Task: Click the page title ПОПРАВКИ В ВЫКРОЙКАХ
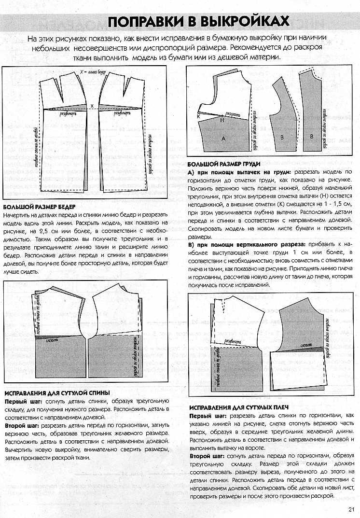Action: (x=198, y=22)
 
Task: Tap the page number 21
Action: (x=350, y=508)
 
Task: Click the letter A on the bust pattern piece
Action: (x=223, y=138)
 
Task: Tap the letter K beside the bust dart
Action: (x=198, y=117)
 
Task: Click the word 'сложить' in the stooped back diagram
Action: (x=53, y=341)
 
